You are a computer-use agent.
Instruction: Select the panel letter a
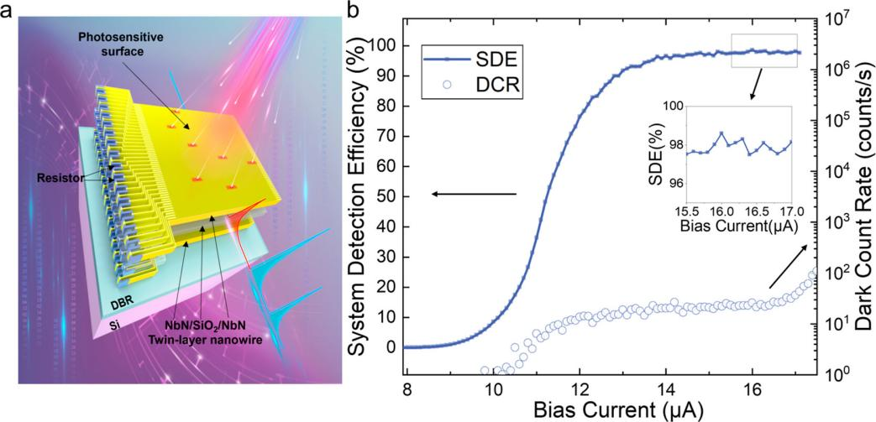tap(7, 12)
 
